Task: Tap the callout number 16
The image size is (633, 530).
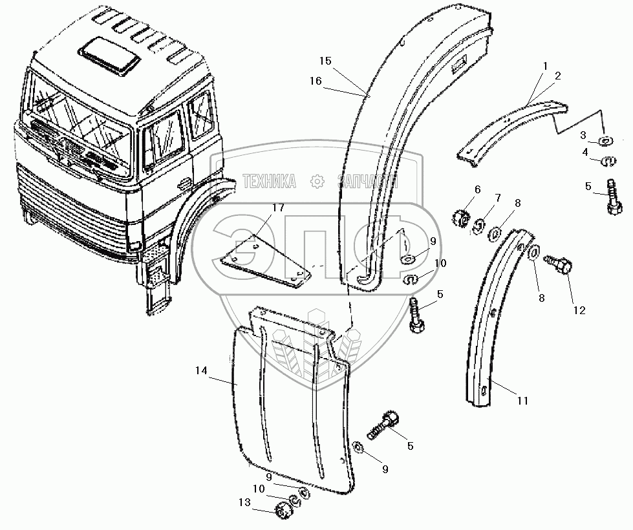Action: coord(315,81)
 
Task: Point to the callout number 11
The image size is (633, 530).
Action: coord(522,401)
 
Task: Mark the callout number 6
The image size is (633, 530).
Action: coord(477,189)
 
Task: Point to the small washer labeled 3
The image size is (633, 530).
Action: coord(605,140)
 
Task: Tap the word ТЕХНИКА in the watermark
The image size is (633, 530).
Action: coord(269,182)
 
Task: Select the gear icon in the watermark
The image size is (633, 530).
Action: coord(316,182)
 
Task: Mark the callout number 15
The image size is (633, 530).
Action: coord(325,61)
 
